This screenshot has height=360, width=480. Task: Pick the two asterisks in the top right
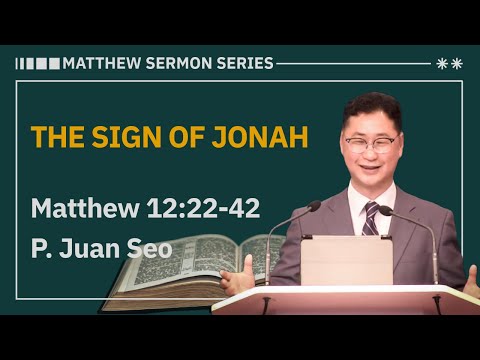click(450, 63)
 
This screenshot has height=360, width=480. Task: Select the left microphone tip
click(313, 207)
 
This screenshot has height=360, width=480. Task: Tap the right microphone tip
click(385, 210)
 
